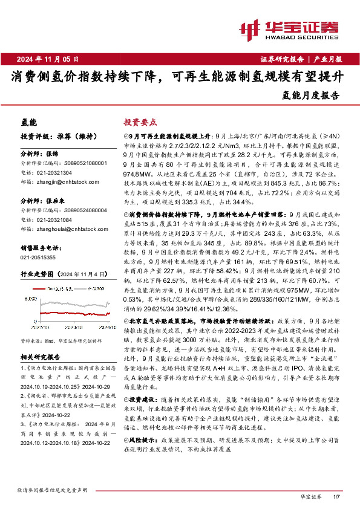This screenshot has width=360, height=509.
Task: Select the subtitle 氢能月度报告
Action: pos(311,95)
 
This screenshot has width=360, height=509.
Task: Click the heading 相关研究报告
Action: pos(39,357)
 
